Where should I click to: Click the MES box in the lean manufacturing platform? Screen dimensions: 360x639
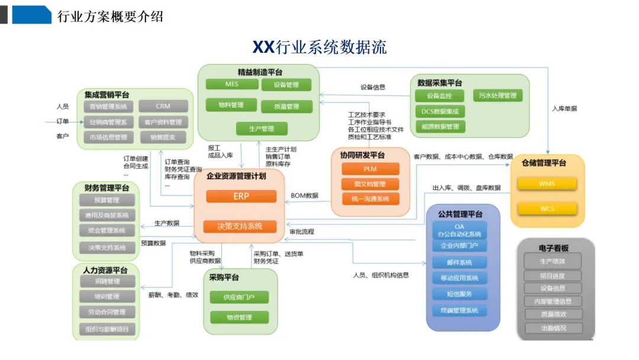pyautogui.click(x=232, y=85)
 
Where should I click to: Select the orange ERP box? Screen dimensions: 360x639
pyautogui.click(x=241, y=197)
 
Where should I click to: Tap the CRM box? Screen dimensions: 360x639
pyautogui.click(x=163, y=107)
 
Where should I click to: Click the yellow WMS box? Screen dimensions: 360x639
pyautogui.click(x=547, y=184)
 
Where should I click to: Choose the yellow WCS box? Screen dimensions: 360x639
pyautogui.click(x=547, y=208)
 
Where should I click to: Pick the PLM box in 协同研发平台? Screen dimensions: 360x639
pyautogui.click(x=370, y=169)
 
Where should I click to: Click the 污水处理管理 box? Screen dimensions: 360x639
pyautogui.click(x=498, y=96)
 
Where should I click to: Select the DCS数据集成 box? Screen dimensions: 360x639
pyautogui.click(x=440, y=111)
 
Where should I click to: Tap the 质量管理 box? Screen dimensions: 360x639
pyautogui.click(x=286, y=107)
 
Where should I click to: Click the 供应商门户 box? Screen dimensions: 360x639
pyautogui.click(x=239, y=297)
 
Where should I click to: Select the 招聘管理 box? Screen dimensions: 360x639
pyautogui.click(x=107, y=281)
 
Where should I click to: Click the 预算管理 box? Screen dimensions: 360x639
pyautogui.click(x=107, y=200)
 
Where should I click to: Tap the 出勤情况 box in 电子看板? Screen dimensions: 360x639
pyautogui.click(x=553, y=328)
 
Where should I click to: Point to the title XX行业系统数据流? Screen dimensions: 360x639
pyautogui.click(x=319, y=47)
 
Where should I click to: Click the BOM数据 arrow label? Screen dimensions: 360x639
pyautogui.click(x=304, y=196)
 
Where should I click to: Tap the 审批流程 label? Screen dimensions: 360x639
pyautogui.click(x=302, y=232)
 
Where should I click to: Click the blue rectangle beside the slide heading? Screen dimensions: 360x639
pyautogui.click(x=32, y=15)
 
